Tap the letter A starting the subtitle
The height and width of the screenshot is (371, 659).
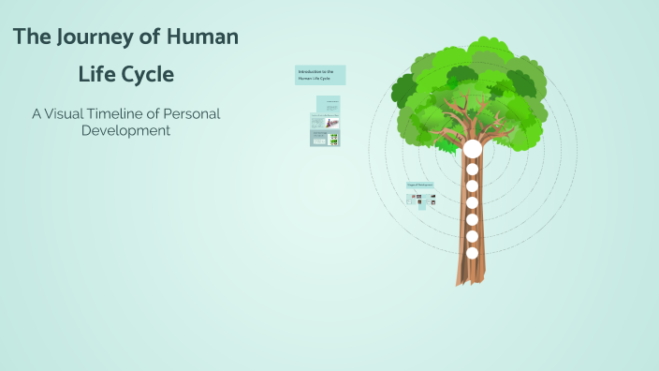(x=37, y=113)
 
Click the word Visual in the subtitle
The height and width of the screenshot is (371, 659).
(x=70, y=113)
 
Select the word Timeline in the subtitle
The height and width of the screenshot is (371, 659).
(x=129, y=113)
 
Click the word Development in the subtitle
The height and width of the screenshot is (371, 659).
(x=125, y=131)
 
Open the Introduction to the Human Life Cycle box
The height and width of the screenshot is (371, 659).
(x=320, y=75)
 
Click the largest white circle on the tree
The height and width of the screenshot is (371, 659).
(x=472, y=149)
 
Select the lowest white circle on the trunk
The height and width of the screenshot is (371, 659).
(x=472, y=253)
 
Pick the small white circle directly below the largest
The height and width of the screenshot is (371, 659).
(x=472, y=170)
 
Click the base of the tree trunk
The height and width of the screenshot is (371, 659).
(x=470, y=279)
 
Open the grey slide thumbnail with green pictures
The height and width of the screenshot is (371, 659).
(x=325, y=139)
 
